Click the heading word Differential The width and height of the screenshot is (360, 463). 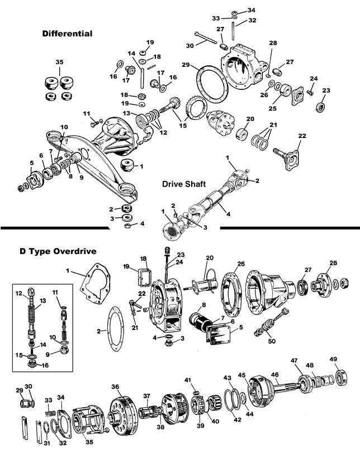67,34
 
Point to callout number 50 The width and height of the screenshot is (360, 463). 272,341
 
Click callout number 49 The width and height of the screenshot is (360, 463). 349,359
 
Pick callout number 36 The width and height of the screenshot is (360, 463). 115,386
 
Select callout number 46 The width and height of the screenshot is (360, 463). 274,375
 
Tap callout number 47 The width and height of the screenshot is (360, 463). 295,360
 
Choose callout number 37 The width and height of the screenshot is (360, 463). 146,396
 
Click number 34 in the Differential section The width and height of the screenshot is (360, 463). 251,10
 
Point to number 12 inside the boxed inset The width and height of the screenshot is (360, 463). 18,293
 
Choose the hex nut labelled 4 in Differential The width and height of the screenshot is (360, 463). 127,227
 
